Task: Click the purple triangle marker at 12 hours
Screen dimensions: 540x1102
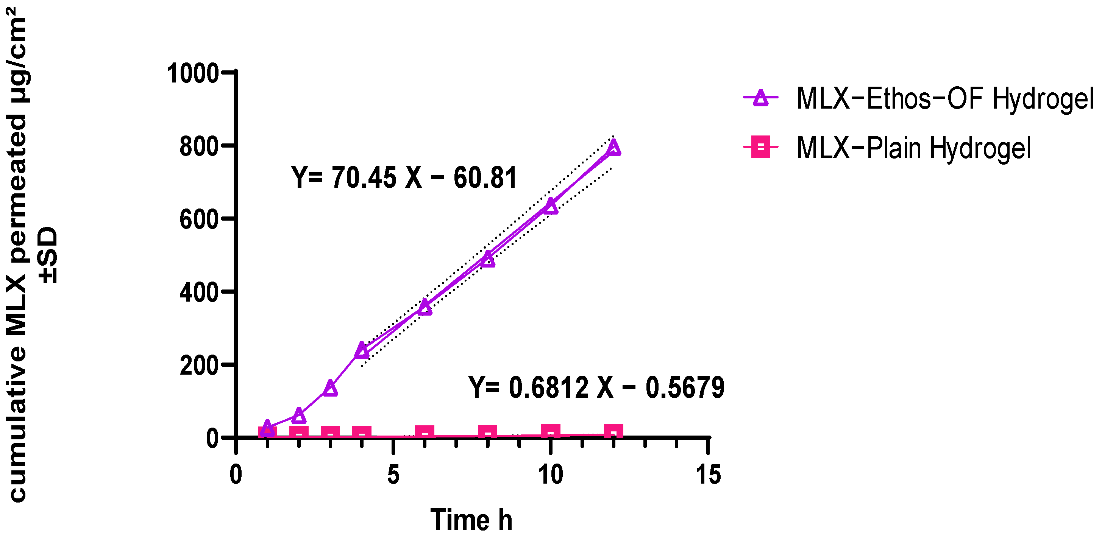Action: click(x=613, y=148)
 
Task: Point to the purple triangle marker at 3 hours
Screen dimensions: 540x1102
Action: click(x=330, y=388)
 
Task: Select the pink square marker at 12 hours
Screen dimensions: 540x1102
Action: click(x=613, y=431)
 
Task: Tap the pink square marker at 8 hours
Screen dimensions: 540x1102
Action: click(x=488, y=432)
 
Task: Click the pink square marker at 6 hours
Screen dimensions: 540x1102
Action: click(x=425, y=433)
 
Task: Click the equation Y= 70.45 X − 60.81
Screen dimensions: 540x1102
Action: click(x=404, y=177)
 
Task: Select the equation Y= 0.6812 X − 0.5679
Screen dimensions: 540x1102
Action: click(x=596, y=387)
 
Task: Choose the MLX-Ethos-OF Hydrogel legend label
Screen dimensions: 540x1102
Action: click(x=945, y=99)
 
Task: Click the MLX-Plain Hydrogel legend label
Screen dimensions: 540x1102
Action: click(x=913, y=148)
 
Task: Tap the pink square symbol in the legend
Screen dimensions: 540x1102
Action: click(x=761, y=147)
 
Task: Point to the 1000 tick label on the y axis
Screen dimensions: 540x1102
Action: click(x=193, y=73)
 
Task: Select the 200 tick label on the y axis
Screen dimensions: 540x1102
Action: click(x=199, y=366)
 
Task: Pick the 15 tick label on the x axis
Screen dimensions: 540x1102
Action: click(x=708, y=475)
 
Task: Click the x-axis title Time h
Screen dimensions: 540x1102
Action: click(x=471, y=520)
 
